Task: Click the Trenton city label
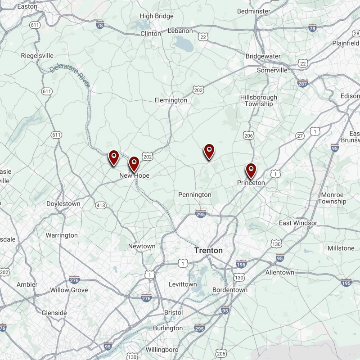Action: point(208,250)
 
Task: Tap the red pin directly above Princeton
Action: point(251,171)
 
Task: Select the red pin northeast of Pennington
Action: point(209,152)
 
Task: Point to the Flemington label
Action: point(171,100)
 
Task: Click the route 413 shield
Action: point(101,206)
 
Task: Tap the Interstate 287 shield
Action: point(302,83)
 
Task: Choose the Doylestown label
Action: point(63,204)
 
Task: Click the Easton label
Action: point(27,7)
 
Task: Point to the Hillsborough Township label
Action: point(259,100)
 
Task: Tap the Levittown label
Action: point(183,284)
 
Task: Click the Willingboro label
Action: point(162,350)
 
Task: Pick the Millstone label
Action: point(341,248)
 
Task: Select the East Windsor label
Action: point(298,223)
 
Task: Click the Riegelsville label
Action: point(37,55)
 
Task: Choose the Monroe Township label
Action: point(332,198)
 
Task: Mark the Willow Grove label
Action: point(69,290)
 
